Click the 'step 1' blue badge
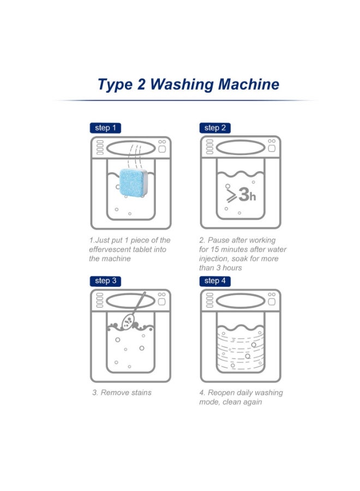point(105,128)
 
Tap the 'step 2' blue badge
point(215,128)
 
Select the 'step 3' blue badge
point(105,281)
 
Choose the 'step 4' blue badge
point(215,281)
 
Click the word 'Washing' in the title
point(181,85)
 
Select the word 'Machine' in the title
point(249,85)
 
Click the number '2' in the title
point(141,85)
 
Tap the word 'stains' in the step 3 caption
point(141,393)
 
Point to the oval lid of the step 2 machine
point(241,148)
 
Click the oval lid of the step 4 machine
point(241,301)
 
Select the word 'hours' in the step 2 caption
point(232,268)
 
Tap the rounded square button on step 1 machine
point(162,149)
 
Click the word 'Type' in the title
point(115,85)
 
